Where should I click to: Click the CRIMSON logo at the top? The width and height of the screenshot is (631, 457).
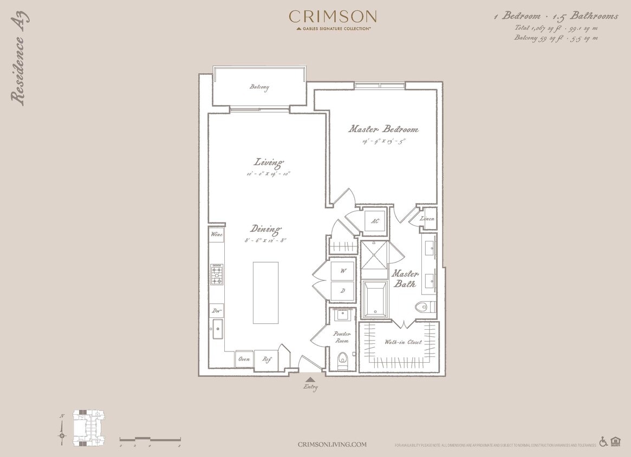point(333,17)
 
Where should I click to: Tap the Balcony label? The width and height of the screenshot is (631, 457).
point(259,87)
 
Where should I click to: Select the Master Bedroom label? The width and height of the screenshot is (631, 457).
point(383,129)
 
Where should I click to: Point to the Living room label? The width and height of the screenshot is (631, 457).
point(269,162)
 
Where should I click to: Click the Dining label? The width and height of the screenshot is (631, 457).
point(265,229)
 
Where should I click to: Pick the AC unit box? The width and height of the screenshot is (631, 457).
point(375,221)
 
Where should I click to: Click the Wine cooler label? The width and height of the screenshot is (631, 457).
point(217,235)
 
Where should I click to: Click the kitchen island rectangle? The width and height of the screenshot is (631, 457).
point(265,292)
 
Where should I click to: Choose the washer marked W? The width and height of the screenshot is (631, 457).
point(343,270)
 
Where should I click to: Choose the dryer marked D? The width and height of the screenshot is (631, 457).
point(343,291)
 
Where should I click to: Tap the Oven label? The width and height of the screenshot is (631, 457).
point(244,359)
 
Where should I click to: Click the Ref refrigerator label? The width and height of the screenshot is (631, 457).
point(266,359)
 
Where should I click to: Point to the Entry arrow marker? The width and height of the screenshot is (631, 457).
point(310,380)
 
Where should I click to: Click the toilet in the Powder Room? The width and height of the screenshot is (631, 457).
point(342,360)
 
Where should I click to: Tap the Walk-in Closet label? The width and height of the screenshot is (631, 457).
point(403,342)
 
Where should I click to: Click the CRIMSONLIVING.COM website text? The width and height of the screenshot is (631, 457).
point(332,445)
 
